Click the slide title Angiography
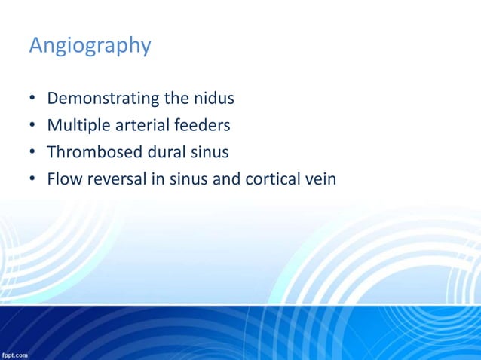pos(90,47)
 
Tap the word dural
pos(164,153)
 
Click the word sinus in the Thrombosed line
pos(210,153)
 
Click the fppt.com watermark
pos(15,354)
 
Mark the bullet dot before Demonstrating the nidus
pos(33,99)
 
